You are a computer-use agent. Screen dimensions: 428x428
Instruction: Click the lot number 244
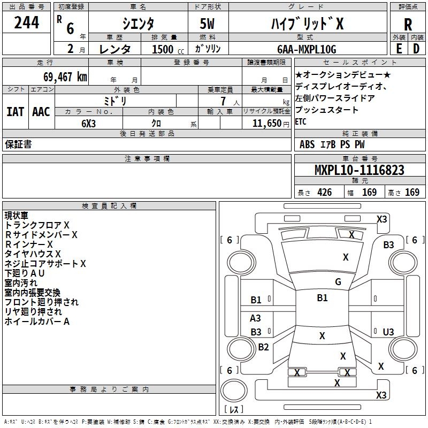point(26,22)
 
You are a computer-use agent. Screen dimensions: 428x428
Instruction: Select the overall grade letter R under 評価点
point(408,25)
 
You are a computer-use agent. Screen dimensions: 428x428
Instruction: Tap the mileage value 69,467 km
point(65,77)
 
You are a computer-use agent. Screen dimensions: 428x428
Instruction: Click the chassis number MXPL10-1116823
point(360,170)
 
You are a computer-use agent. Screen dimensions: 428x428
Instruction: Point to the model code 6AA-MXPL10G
point(307,49)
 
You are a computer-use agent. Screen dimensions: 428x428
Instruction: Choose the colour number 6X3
point(88,124)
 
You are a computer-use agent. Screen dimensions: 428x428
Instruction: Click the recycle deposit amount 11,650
point(266,124)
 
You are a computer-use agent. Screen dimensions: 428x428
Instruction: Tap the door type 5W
point(207,24)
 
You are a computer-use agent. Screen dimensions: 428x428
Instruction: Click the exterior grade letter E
point(399,49)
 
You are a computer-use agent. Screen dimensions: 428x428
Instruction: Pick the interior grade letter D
point(416,49)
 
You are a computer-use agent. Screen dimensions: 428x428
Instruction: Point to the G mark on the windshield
point(338,281)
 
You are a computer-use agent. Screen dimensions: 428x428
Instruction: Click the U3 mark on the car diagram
point(388,332)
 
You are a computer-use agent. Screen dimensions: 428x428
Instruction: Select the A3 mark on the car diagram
point(255,318)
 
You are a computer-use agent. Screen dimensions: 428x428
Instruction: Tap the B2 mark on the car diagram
point(263,347)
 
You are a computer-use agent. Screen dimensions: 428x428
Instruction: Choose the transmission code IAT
point(15,112)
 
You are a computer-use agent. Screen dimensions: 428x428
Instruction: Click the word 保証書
point(18,144)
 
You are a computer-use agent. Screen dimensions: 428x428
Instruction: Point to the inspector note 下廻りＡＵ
point(24,273)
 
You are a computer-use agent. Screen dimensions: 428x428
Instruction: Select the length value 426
point(324,192)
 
